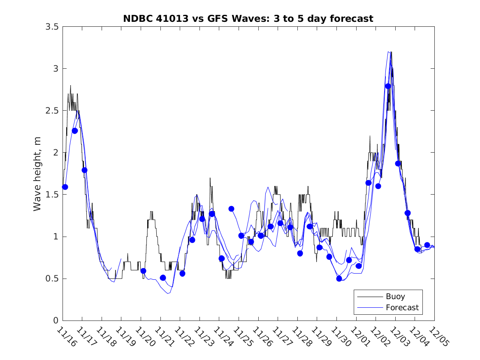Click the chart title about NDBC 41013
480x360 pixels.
pos(248,19)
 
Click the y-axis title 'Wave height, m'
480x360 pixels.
pos(37,174)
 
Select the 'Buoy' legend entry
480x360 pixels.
pos(395,296)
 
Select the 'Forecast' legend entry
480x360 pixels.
pos(402,307)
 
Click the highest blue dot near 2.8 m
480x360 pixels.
pos(388,86)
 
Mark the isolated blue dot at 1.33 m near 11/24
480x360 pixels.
pos(232,209)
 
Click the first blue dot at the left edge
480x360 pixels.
pos(65,187)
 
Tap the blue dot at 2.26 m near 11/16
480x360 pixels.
pos(75,130)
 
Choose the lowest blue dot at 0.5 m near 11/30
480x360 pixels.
pos(339,279)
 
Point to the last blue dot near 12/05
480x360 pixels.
pos(427,245)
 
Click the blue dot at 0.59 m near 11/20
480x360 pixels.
pos(143,271)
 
